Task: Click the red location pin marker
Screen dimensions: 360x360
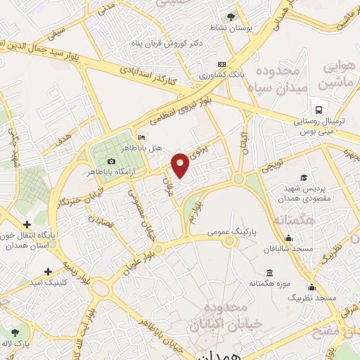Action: [x=181, y=165]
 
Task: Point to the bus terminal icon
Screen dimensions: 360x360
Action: [x=319, y=110]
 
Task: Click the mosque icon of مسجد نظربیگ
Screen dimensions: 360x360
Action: [x=311, y=287]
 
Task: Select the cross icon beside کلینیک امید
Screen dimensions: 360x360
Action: [x=48, y=271]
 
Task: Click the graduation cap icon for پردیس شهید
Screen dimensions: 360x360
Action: [x=303, y=177]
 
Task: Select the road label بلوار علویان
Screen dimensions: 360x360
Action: [x=140, y=261]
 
